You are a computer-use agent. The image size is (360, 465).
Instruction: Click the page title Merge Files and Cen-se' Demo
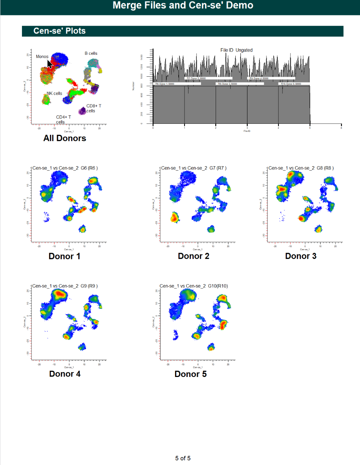coord(183,5)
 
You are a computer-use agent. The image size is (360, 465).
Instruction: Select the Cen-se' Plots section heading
coord(60,31)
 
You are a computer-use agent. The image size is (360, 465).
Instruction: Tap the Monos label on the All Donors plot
coord(42,57)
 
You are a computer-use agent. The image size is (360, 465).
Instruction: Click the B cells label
coord(91,53)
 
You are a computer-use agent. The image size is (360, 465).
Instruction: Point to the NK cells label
coord(54,94)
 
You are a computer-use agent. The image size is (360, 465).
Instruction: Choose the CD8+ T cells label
coord(93,108)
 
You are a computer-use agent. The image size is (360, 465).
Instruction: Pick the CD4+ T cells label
coord(63,119)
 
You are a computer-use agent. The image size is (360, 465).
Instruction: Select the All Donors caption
coord(65,138)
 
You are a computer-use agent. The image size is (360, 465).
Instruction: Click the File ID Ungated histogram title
coord(236,50)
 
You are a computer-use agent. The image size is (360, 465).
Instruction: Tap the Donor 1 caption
coord(64,256)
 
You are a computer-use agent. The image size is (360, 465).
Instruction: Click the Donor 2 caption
coord(193,256)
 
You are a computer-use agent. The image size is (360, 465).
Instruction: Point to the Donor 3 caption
coord(300,256)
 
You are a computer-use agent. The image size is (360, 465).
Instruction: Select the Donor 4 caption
coord(65,374)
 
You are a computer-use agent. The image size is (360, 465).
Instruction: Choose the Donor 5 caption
coord(190,374)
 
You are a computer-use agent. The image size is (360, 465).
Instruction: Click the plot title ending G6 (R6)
coord(65,168)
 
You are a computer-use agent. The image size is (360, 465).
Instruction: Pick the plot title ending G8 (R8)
coord(301,168)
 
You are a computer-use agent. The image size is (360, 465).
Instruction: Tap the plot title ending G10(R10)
coord(194,286)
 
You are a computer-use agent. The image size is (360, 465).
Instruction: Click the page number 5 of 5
coord(183,458)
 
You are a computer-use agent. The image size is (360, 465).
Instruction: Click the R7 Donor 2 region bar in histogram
coord(208,79)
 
